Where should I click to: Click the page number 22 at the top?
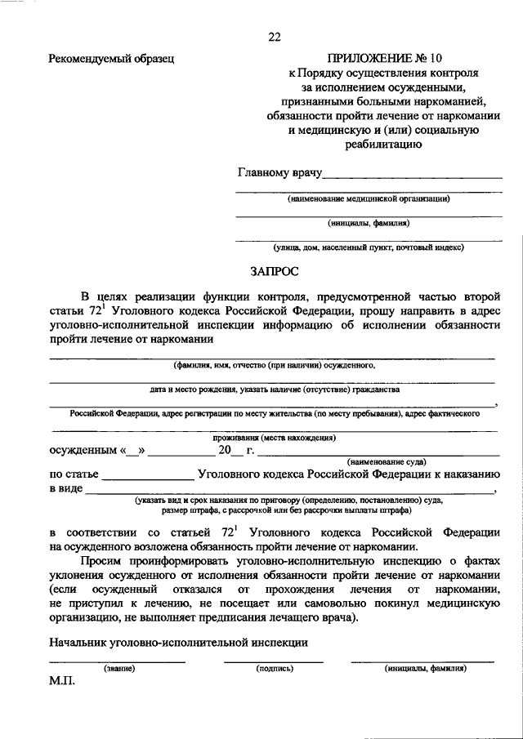(x=274, y=36)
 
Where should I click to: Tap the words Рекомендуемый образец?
(x=111, y=59)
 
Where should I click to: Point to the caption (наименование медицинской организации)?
(x=369, y=198)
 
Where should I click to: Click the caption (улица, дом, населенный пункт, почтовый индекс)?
(x=369, y=247)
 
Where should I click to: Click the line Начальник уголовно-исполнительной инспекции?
(x=178, y=642)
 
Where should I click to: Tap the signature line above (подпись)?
(x=274, y=660)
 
